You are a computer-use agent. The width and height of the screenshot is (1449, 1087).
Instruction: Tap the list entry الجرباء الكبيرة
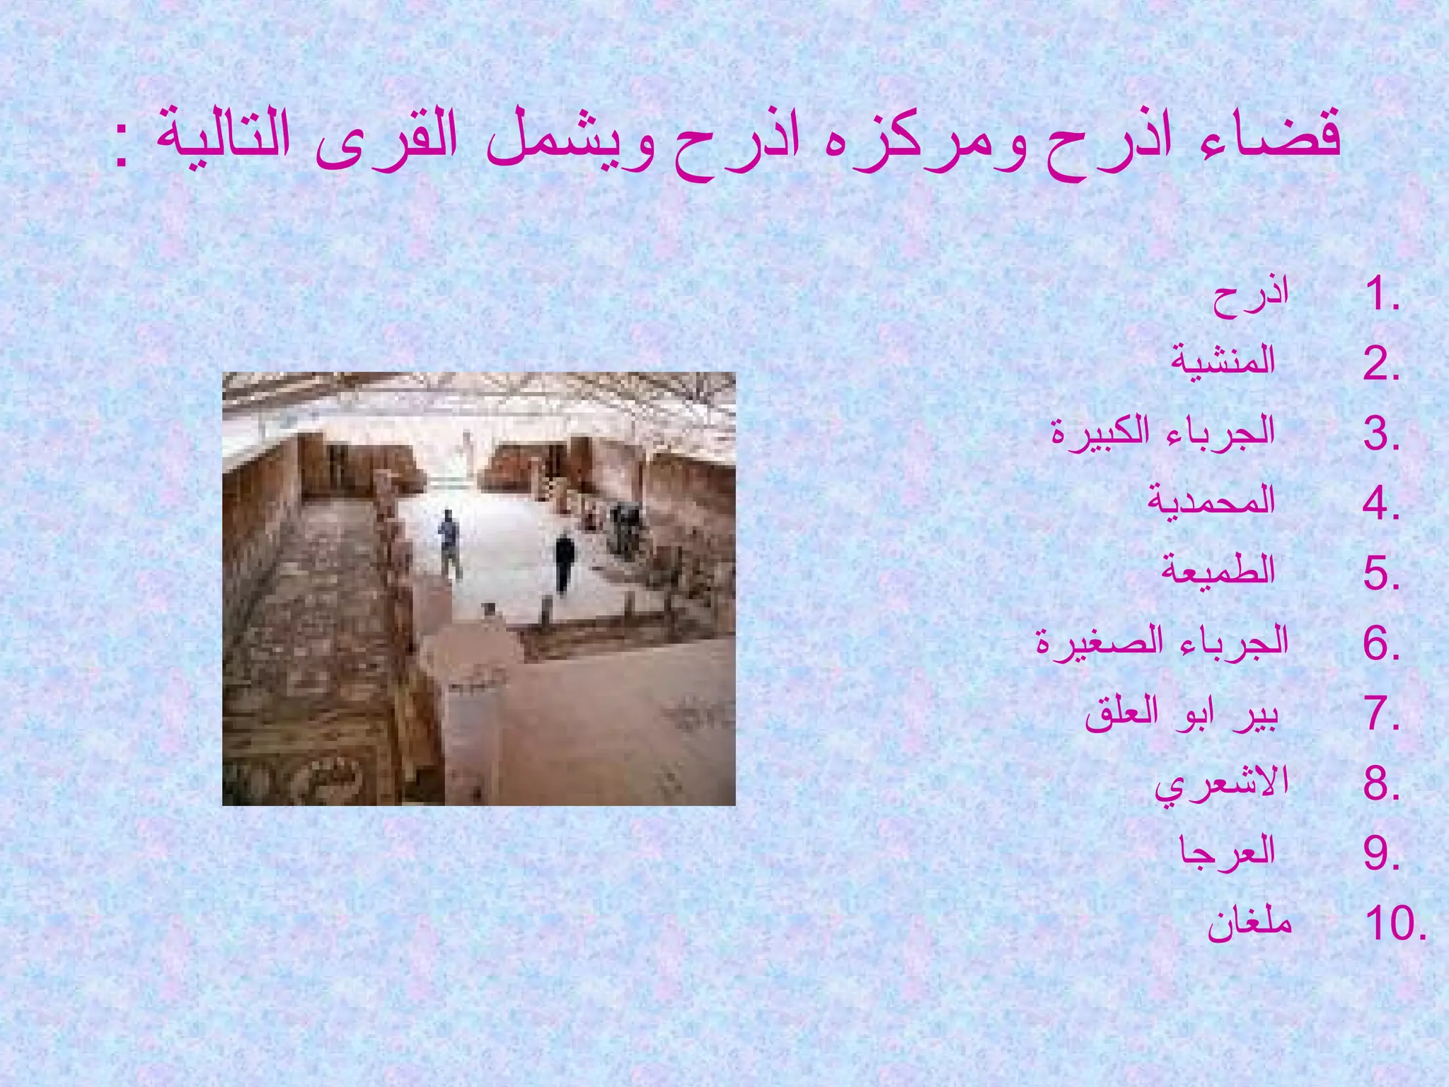pos(1163,432)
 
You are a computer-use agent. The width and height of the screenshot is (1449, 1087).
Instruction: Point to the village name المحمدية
pos(1211,501)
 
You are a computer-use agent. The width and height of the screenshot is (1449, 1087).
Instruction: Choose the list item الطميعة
pos(1218,570)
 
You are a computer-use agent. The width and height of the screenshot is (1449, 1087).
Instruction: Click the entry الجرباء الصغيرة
pos(1162,641)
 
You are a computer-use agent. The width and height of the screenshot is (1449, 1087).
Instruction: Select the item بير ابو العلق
pos(1182,713)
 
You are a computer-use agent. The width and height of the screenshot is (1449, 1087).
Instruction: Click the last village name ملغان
pos(1249,923)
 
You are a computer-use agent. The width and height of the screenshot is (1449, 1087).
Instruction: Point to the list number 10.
pos(1394,924)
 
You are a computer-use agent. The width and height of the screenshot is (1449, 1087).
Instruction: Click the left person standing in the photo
pos(449,541)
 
